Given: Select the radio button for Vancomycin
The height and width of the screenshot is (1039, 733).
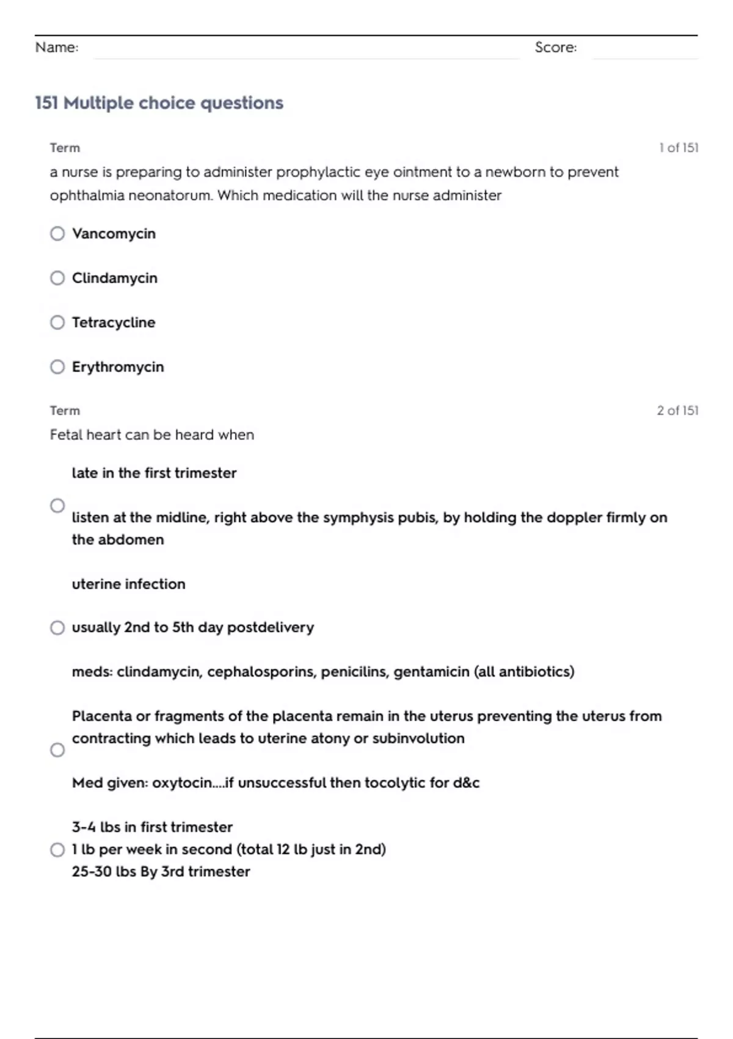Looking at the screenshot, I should [x=57, y=233].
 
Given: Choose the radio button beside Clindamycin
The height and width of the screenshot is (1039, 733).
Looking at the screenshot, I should [x=57, y=278].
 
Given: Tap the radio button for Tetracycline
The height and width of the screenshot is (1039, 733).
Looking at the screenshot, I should [x=57, y=322].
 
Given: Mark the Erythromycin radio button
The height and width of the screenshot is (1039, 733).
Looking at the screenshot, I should [x=57, y=367].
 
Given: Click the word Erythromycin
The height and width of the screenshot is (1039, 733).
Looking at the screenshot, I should [x=118, y=367].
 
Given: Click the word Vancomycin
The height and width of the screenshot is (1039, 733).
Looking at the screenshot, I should [x=114, y=233].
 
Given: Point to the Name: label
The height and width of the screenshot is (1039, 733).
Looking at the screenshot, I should [x=57, y=47].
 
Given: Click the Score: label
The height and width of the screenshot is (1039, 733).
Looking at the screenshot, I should [x=555, y=47].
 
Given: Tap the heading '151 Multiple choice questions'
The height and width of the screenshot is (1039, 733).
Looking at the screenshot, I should [x=159, y=103].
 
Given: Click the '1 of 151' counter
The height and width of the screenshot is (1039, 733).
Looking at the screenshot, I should [x=678, y=148].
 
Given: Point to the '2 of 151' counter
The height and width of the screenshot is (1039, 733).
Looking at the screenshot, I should [x=677, y=411].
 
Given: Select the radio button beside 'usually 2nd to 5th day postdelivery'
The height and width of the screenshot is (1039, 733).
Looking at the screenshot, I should [x=57, y=628].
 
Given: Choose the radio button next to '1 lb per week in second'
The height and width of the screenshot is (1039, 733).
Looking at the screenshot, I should [x=57, y=850].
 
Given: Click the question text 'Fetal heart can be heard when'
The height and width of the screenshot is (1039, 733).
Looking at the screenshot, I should [x=151, y=435].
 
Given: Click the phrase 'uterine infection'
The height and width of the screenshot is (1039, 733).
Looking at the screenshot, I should [x=128, y=584].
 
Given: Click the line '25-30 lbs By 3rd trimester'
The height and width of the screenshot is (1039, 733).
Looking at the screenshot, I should [x=161, y=872].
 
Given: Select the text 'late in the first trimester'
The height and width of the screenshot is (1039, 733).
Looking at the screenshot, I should [x=154, y=473].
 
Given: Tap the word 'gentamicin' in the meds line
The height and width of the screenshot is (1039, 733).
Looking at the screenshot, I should [x=431, y=672].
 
